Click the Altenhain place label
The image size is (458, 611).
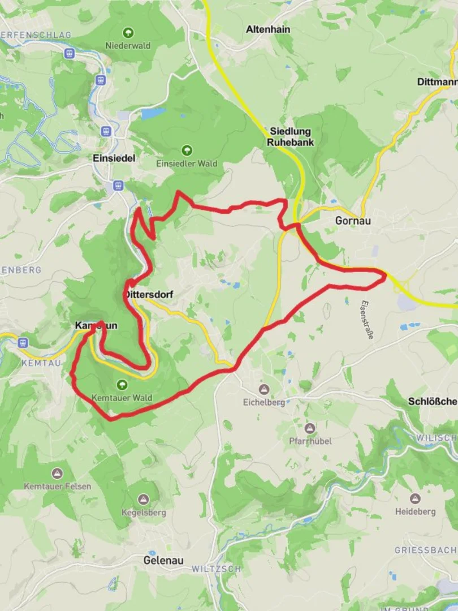tap(267, 29)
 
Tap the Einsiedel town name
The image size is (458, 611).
tap(114, 159)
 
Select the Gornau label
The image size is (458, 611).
tap(353, 221)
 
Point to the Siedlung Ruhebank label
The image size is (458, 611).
tap(290, 137)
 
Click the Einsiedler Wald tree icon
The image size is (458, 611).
tap(187, 150)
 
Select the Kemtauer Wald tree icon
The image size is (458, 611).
tap(122, 385)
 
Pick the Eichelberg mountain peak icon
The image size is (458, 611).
tap(263, 389)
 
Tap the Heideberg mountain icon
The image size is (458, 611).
tap(415, 498)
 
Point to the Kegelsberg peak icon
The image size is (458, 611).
tap(144, 500)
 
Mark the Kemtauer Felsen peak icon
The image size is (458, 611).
tap(57, 473)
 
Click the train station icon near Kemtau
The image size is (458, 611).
tap(23, 342)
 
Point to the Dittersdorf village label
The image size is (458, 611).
tap(148, 295)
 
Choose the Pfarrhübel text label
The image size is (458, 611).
tap(310, 441)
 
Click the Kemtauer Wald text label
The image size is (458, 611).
tap(122, 398)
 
